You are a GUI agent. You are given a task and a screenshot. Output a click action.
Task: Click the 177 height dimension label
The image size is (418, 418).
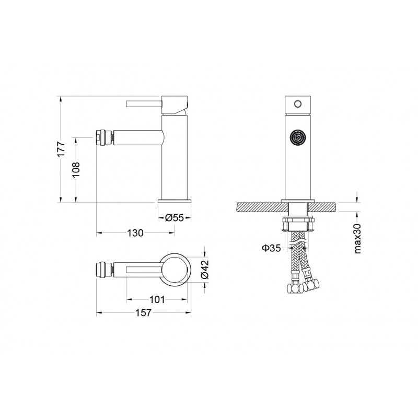[61, 149]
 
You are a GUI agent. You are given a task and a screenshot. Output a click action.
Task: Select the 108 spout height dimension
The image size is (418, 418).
[76, 169]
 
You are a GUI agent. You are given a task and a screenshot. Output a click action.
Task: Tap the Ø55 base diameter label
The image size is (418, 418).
[175, 218]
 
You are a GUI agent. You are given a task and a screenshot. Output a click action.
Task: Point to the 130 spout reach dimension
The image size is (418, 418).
[135, 233]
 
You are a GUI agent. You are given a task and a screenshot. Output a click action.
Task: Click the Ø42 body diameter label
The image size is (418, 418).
[205, 269]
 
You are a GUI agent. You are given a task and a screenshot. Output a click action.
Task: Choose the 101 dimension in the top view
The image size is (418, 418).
[157, 299]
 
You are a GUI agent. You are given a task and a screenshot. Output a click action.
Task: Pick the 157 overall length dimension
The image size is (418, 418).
[143, 312]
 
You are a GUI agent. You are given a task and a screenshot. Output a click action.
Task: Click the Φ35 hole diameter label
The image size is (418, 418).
[271, 248]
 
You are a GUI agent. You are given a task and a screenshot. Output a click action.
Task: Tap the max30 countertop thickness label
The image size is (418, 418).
[357, 239]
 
